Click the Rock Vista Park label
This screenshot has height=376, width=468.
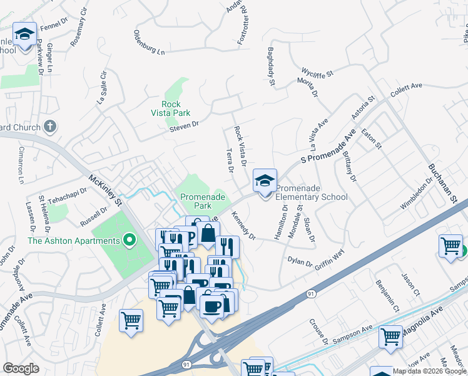[166, 108]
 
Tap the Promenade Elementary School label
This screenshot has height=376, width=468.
[312, 192]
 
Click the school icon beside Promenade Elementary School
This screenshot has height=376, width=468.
[265, 180]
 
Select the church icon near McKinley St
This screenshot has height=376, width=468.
[50, 127]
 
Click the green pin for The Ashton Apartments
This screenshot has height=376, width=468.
[130, 240]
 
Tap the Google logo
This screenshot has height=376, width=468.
[21, 368]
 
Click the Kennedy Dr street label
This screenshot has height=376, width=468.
[243, 226]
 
